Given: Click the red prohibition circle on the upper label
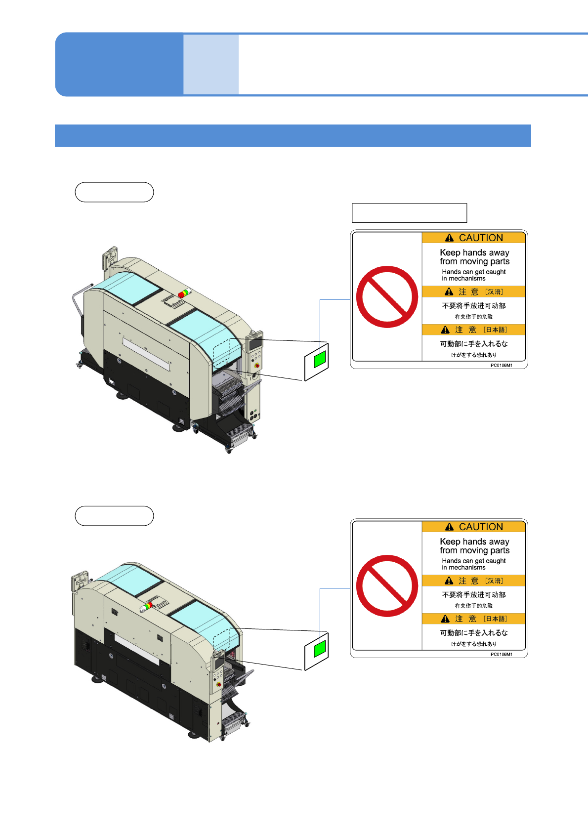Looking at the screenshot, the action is coord(387,296).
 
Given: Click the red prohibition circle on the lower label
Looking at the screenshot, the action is coord(387,585).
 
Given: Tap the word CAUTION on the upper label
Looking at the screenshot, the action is coord(480,238).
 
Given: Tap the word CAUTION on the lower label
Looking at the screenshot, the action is coord(480,527).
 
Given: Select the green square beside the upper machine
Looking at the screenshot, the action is coord(320,359).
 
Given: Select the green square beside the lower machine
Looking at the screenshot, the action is coord(320,648).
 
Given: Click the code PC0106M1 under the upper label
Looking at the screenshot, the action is coord(501,366).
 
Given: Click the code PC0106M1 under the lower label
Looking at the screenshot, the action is coord(501,655).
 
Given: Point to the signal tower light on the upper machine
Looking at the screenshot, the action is coord(184,293).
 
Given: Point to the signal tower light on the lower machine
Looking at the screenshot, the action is coord(146,607).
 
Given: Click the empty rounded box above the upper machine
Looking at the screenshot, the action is coord(114,192).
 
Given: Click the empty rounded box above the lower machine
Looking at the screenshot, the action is coord(114,516).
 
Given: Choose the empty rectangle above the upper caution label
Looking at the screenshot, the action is coord(409,213).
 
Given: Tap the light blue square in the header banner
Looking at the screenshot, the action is coord(211,64).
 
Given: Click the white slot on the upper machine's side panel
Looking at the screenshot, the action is coord(146,354).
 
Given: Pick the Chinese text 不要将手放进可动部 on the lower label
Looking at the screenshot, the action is coord(473,595).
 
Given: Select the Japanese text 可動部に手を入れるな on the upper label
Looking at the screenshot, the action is coord(473,344).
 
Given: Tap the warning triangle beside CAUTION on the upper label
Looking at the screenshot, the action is coord(449,238).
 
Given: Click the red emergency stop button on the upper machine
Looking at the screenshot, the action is coord(256,365).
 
